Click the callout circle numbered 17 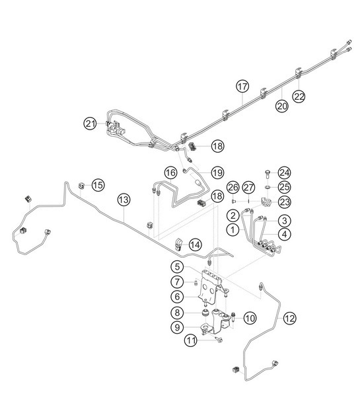(242, 87)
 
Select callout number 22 (299, 96)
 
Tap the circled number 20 (281, 106)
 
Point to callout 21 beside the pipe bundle (90, 124)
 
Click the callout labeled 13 (124, 200)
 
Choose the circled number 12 (289, 318)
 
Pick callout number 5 (178, 267)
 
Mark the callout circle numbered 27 (248, 188)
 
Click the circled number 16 (170, 173)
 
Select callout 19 (217, 173)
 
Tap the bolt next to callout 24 (267, 174)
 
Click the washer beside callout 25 (267, 188)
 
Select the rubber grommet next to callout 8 (205, 313)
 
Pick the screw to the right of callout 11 (219, 340)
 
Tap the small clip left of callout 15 (82, 186)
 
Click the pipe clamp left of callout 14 (178, 244)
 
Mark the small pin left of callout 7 (196, 283)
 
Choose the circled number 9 (178, 327)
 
